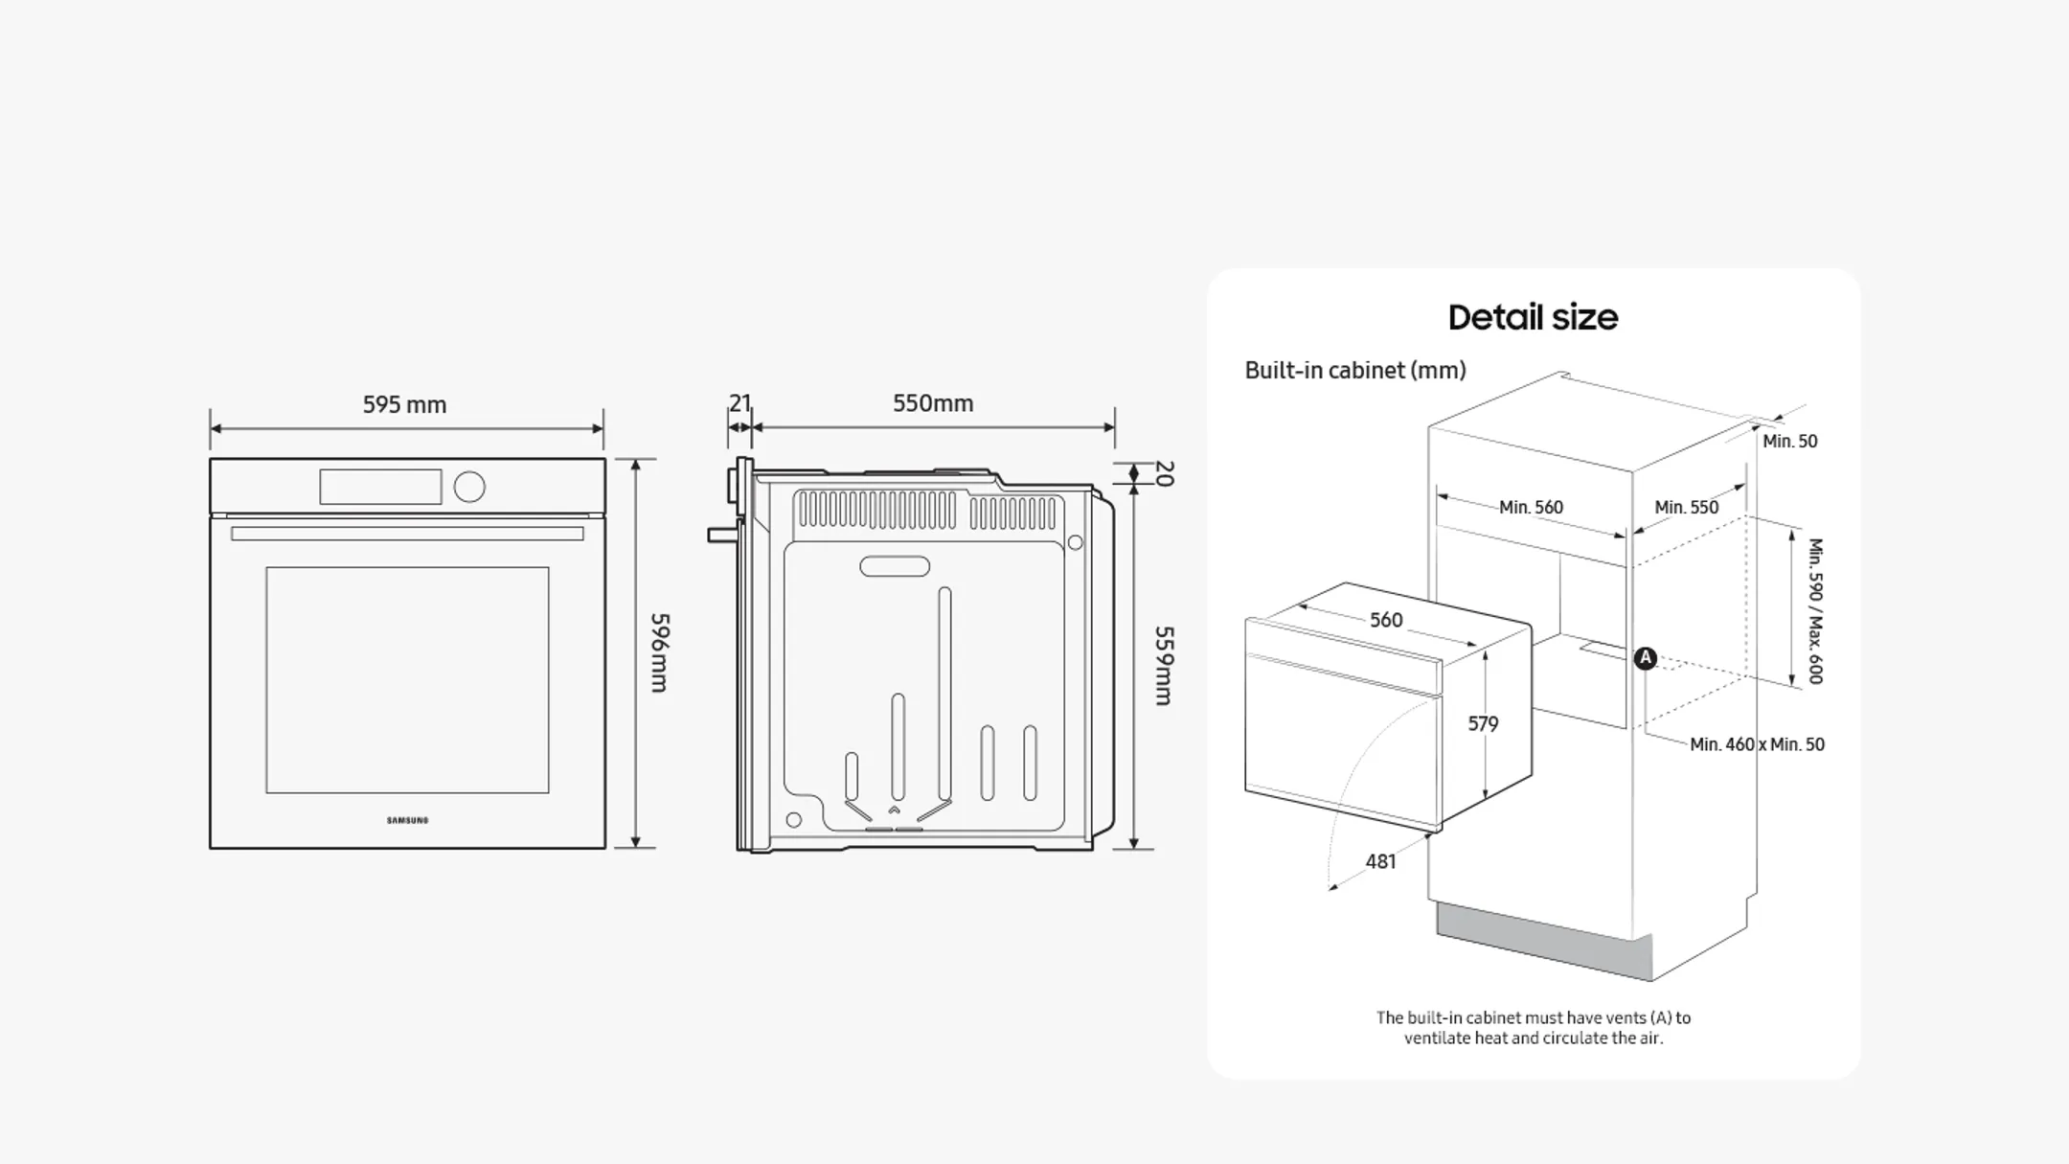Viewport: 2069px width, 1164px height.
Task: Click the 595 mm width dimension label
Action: click(x=404, y=405)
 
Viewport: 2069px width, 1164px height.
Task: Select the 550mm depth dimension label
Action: click(x=933, y=403)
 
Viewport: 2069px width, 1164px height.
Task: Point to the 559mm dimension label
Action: click(x=1164, y=666)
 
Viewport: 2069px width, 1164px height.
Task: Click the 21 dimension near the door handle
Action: click(x=739, y=403)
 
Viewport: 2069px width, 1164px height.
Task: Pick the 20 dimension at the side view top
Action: click(x=1164, y=473)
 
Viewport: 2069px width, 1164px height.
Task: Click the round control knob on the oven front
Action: click(x=469, y=487)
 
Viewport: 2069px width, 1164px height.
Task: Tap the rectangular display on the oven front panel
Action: click(x=380, y=487)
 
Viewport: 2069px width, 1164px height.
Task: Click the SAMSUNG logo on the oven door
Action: click(x=407, y=820)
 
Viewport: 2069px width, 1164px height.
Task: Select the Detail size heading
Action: click(x=1533, y=317)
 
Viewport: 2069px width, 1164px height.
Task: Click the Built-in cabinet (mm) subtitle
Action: click(x=1354, y=370)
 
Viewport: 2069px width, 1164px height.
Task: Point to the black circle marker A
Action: click(x=1645, y=658)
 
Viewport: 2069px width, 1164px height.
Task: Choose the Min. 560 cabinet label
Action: click(x=1531, y=507)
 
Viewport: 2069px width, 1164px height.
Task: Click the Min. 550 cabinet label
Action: click(x=1686, y=507)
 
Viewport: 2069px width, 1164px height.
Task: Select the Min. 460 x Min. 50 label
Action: click(x=1757, y=744)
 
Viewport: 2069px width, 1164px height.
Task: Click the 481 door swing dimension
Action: click(x=1380, y=861)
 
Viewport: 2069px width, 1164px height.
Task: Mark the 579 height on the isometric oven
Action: click(x=1483, y=723)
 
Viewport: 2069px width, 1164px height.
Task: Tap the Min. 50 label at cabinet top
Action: click(x=1789, y=441)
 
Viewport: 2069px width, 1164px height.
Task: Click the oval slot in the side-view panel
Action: click(x=895, y=566)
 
